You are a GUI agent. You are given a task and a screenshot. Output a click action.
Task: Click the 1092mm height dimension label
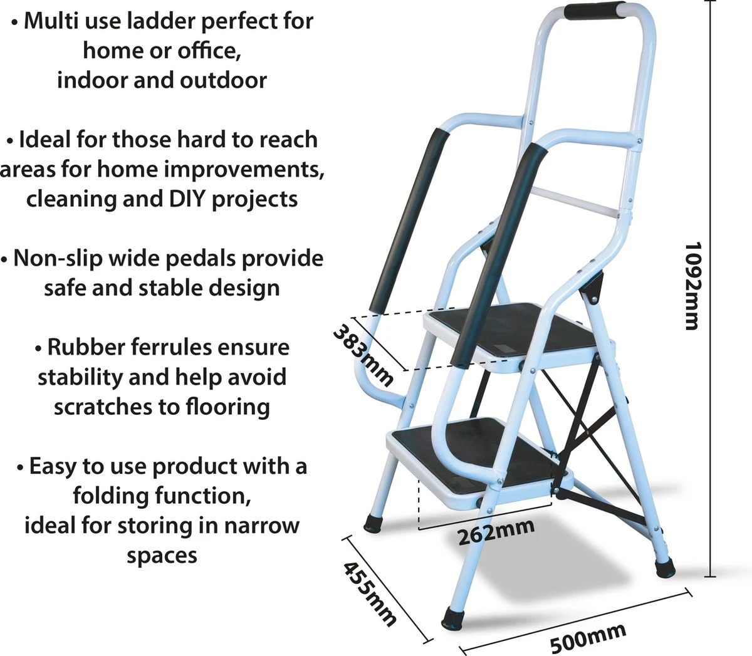point(691,286)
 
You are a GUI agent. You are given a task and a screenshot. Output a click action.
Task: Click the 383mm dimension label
point(363,355)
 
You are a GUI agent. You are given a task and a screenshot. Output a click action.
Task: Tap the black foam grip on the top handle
point(594,11)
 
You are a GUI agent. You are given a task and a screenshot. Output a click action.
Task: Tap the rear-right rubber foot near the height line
point(665,568)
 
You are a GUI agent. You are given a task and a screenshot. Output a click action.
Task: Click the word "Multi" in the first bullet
point(51,21)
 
